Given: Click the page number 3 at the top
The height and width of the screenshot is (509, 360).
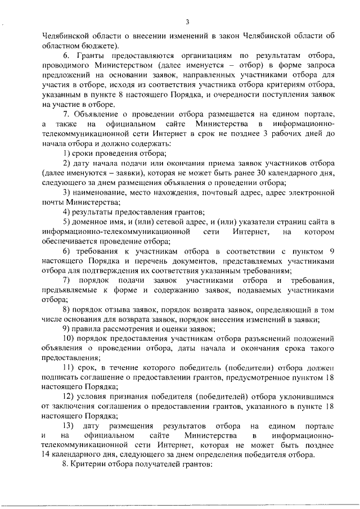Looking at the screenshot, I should coord(187,22).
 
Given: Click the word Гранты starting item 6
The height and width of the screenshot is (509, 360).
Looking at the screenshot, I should coord(93,56).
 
